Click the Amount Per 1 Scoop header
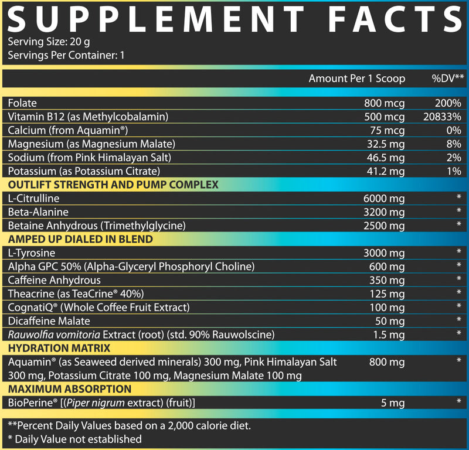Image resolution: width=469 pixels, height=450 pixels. coord(356,79)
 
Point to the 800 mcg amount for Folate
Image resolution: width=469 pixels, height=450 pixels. coord(384,104)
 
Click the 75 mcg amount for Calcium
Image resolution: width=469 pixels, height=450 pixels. coord(388,130)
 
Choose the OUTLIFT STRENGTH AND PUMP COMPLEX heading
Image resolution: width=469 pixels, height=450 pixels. coord(113,185)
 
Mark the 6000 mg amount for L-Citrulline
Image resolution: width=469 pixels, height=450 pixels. coord(384,199)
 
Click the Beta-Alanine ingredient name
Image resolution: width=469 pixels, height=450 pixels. coord(38,212)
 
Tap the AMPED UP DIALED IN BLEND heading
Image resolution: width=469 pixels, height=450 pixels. coord(80,239)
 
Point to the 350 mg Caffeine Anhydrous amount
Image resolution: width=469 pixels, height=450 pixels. coord(388,280)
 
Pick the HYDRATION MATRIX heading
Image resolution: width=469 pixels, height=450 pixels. coord(50,349)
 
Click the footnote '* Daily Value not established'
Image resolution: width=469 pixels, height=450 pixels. coord(74,438)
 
